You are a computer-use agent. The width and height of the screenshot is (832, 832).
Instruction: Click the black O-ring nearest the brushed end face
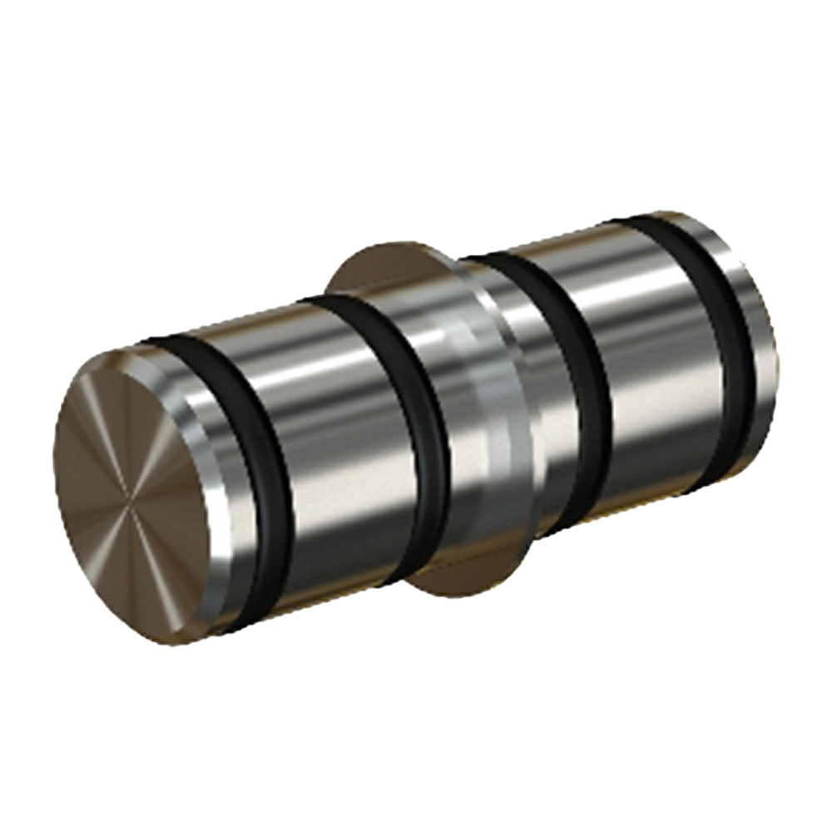(x=266, y=483)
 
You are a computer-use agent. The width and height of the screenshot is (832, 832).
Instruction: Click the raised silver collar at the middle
(x=499, y=416)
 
